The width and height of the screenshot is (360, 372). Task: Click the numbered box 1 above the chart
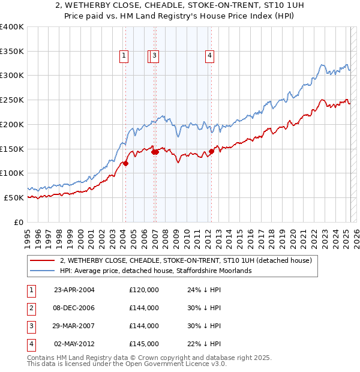coord(124,56)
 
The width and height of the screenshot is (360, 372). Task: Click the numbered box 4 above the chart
coord(210,56)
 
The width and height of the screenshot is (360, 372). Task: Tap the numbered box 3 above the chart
coord(155,56)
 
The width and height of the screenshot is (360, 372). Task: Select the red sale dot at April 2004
coord(126,163)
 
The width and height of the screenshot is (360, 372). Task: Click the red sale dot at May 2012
coord(211,151)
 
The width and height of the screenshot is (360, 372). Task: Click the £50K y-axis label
coord(14,197)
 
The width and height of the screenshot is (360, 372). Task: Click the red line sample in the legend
coord(42,261)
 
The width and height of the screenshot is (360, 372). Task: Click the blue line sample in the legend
coord(42,271)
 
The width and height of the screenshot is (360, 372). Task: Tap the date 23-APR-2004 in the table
coord(74,290)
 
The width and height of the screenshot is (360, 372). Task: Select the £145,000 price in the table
coord(144,344)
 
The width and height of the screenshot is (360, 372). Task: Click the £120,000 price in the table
coord(144,290)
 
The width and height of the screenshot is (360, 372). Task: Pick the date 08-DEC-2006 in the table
coord(74,308)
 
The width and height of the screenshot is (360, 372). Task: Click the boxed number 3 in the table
coord(31,326)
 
